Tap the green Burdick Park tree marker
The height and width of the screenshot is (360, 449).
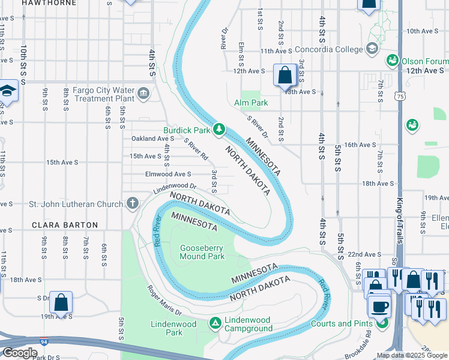point(220,128)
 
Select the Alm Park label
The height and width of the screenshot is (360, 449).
point(251,103)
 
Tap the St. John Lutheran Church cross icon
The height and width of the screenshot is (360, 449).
point(132,203)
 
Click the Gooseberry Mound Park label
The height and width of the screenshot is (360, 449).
point(202,252)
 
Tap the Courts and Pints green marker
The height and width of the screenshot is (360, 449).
point(382,323)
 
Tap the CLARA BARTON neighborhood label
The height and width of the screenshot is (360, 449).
point(64,225)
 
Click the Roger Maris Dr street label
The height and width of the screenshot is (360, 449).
point(165,300)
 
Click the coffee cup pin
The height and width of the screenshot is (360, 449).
point(379,307)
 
